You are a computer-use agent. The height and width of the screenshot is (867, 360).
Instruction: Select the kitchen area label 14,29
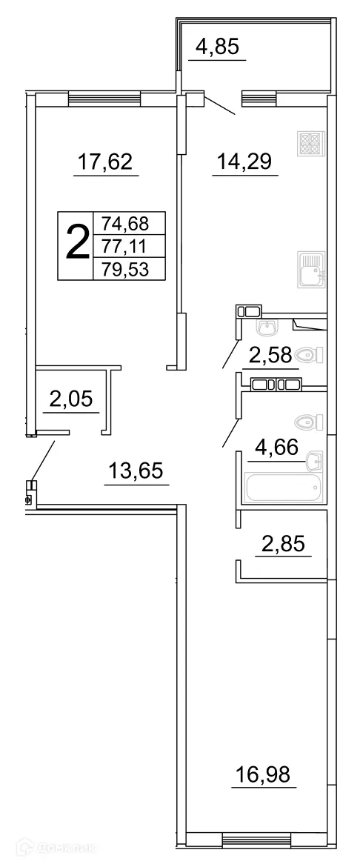(244, 162)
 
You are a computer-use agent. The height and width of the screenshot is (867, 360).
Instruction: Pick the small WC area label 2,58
(269, 356)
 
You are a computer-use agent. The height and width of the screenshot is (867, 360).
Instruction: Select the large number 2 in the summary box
(76, 244)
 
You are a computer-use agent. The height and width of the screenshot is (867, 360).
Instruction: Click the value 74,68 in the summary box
(126, 223)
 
